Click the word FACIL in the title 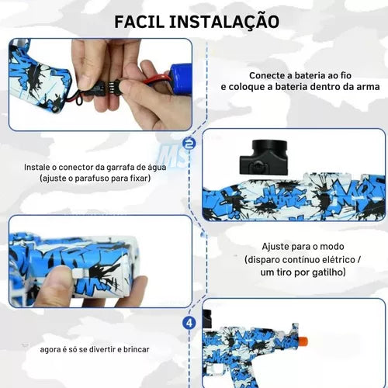pyautogui.click(x=140, y=22)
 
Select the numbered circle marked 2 pyautogui.click(x=189, y=144)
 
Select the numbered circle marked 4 pyautogui.click(x=189, y=323)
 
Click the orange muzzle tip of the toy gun pyautogui.click(x=303, y=341)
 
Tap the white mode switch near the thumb pyautogui.click(x=78, y=273)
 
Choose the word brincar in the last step pyautogui.click(x=137, y=349)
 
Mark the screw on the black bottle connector pyautogui.click(x=258, y=165)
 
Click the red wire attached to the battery pyautogui.click(x=157, y=78)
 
